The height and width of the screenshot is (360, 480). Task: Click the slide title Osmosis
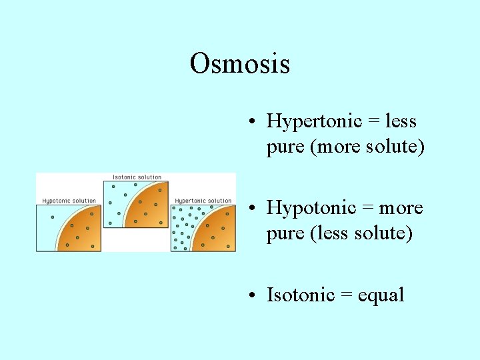click(x=239, y=64)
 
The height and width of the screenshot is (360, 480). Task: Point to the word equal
click(x=381, y=295)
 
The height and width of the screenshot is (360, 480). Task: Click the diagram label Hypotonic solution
click(x=69, y=201)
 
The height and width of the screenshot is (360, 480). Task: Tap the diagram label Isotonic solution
click(x=137, y=177)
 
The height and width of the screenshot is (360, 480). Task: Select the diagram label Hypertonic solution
click(x=203, y=201)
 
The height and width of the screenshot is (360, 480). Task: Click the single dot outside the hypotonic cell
click(x=53, y=217)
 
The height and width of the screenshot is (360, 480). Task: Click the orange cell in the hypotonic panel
click(x=83, y=233)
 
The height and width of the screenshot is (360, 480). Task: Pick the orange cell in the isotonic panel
click(x=150, y=207)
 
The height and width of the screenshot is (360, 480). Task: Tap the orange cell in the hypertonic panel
click(x=217, y=233)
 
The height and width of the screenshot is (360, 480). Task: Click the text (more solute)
click(x=367, y=147)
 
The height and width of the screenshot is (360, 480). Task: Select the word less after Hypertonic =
click(x=401, y=121)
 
